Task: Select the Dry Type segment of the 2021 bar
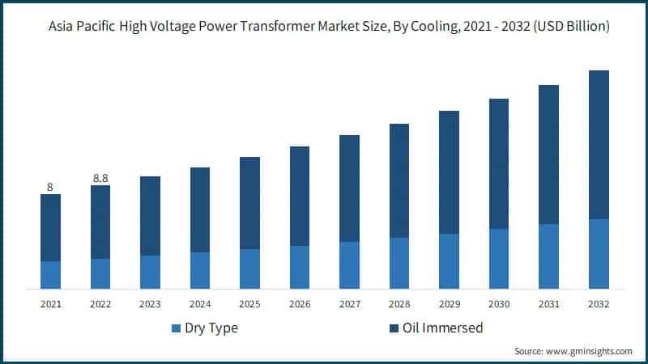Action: pos(50,275)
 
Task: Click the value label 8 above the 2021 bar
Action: pos(50,187)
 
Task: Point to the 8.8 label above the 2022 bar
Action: pos(100,178)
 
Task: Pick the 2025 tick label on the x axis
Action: pos(249,304)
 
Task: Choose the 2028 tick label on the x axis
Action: pos(399,304)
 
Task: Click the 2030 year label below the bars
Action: pos(499,304)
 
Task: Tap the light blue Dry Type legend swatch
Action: pos(177,328)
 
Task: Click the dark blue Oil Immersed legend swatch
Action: pos(394,328)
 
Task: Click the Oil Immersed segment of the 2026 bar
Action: pos(300,196)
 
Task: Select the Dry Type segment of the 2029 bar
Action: pos(449,261)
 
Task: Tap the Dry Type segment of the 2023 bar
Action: pos(150,273)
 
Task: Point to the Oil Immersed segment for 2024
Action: pos(200,210)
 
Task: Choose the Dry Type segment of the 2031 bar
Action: pos(548,256)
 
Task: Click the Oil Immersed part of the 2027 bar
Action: pos(349,188)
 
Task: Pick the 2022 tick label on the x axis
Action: pos(100,304)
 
